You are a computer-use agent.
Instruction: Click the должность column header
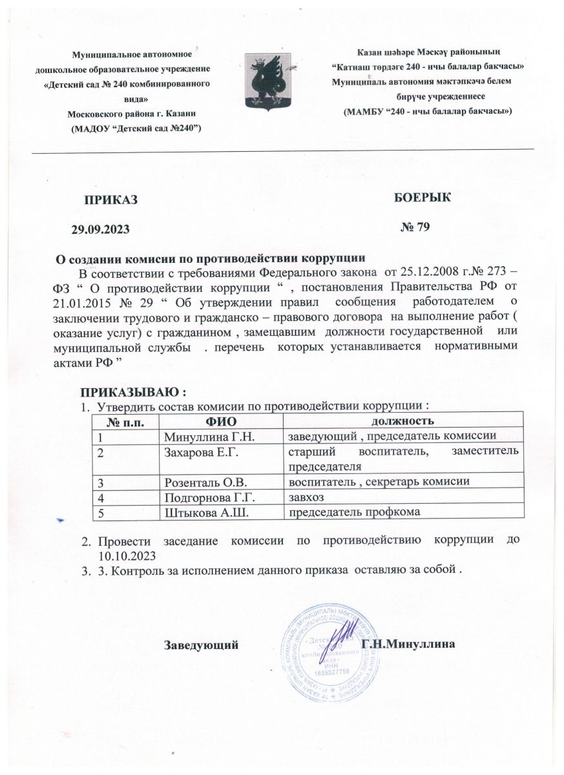coord(404,422)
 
